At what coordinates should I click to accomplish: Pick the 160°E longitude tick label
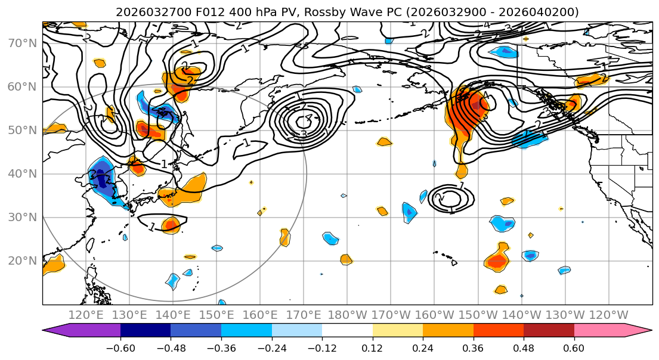click(x=260, y=315)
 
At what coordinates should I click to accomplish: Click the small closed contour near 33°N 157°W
click(x=451, y=197)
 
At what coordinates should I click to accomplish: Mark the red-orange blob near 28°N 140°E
click(x=171, y=225)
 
